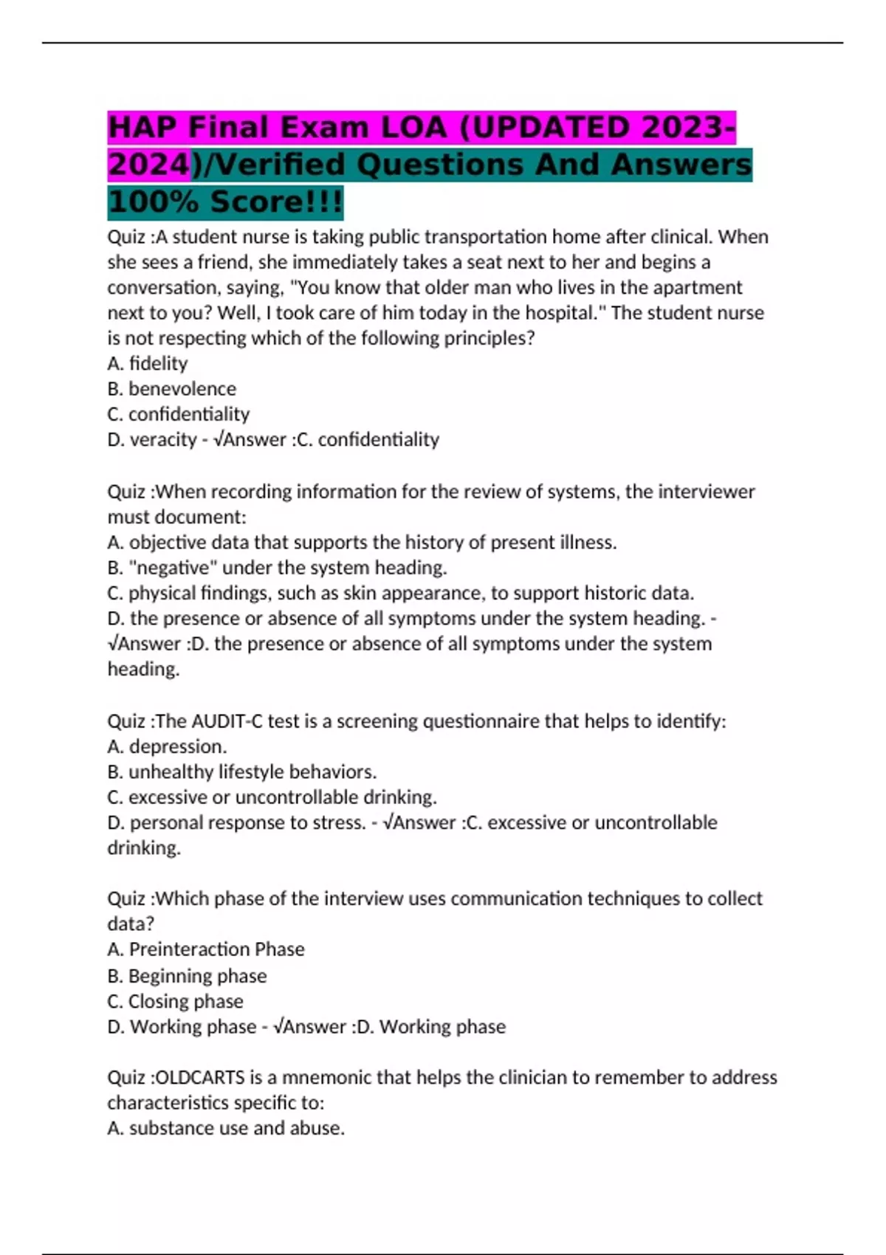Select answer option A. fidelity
[148, 363]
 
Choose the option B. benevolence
[172, 388]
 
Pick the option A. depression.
[167, 746]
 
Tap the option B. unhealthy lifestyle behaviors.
[242, 771]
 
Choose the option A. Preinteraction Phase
[206, 949]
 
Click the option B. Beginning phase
[187, 976]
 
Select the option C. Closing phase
[175, 1002]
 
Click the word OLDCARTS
[200, 1078]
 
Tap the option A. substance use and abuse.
[226, 1128]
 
